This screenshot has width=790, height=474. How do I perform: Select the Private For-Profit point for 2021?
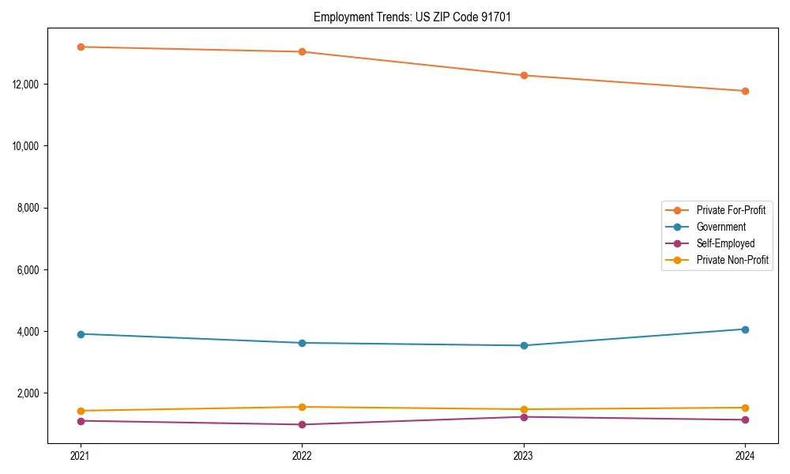[81, 47]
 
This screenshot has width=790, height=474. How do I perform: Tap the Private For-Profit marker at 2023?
[524, 75]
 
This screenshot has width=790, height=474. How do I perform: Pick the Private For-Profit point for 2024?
[745, 91]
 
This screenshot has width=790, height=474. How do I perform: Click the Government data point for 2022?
[302, 343]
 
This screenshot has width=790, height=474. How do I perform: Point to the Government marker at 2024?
[745, 329]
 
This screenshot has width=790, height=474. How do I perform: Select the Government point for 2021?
[81, 333]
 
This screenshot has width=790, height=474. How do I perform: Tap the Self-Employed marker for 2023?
[524, 416]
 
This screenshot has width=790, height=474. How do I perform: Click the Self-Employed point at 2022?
[302, 424]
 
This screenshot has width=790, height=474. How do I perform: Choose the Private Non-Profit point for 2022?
[302, 407]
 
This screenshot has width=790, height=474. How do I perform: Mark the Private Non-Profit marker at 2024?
[745, 408]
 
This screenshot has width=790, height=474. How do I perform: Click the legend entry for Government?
[720, 227]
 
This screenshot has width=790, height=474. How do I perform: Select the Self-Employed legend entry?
[725, 243]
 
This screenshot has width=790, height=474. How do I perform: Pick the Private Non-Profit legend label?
[732, 260]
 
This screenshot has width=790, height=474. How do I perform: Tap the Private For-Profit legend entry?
[731, 210]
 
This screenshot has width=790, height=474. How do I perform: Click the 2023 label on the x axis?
[524, 456]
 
